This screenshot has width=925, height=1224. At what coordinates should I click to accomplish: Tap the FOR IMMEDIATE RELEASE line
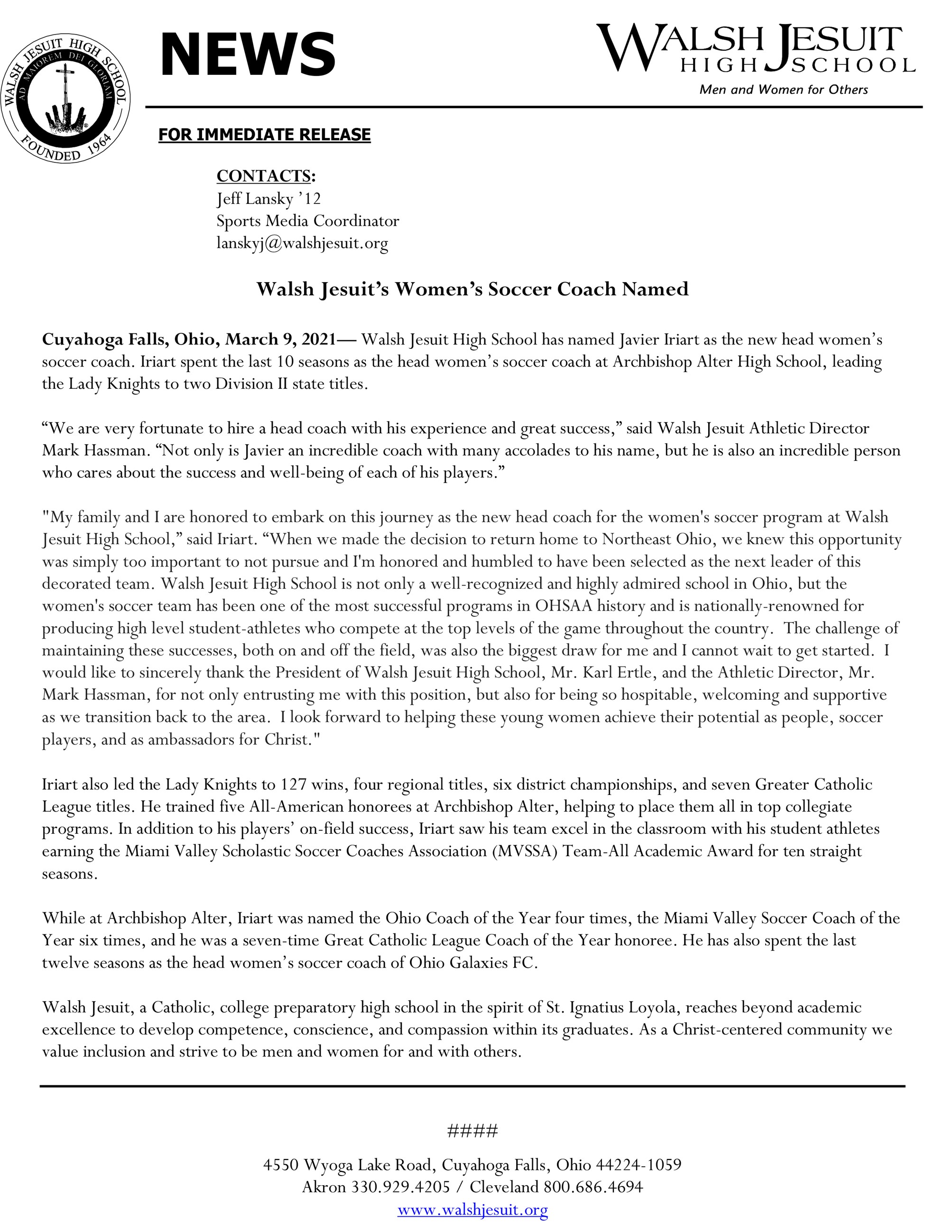tap(264, 135)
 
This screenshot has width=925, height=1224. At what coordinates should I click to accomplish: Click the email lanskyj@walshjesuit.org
tap(302, 243)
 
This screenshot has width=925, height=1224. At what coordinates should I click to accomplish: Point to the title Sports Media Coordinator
tap(307, 221)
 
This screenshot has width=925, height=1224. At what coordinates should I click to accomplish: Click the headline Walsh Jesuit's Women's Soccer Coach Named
tap(472, 289)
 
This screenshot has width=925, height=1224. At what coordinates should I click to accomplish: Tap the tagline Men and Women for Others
tap(783, 90)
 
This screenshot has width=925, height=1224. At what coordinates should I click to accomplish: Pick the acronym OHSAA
tap(563, 606)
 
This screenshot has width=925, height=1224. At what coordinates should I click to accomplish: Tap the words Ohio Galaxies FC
tap(473, 963)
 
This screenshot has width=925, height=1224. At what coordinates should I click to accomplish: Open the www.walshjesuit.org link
tap(472, 1210)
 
